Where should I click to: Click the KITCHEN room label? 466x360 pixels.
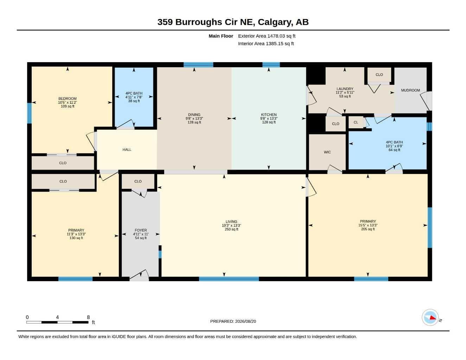pos(268,115)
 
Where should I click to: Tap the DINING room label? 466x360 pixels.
pos(194,115)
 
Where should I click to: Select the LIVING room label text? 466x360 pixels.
pos(231,221)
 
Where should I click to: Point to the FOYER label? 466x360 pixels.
pos(141,230)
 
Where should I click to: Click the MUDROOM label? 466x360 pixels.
pos(410,90)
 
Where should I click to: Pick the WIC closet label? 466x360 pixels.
pos(327,152)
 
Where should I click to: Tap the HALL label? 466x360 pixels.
pos(127,149)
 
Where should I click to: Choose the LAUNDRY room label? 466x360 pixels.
pos(345,89)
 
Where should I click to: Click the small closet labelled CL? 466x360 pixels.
pos(356,122)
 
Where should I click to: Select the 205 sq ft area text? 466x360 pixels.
pos(368,229)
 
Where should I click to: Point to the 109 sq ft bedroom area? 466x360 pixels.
pos(67,106)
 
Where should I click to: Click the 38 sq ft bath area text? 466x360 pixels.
pos(134,101)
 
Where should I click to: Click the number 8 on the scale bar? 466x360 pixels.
pos(88,317)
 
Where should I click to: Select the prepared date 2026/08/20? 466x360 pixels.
pos(245,321)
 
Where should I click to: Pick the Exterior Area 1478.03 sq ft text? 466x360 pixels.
pos(267,36)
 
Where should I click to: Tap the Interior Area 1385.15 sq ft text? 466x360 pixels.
pos(266,44)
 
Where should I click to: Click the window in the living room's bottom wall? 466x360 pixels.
pos(229,279)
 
